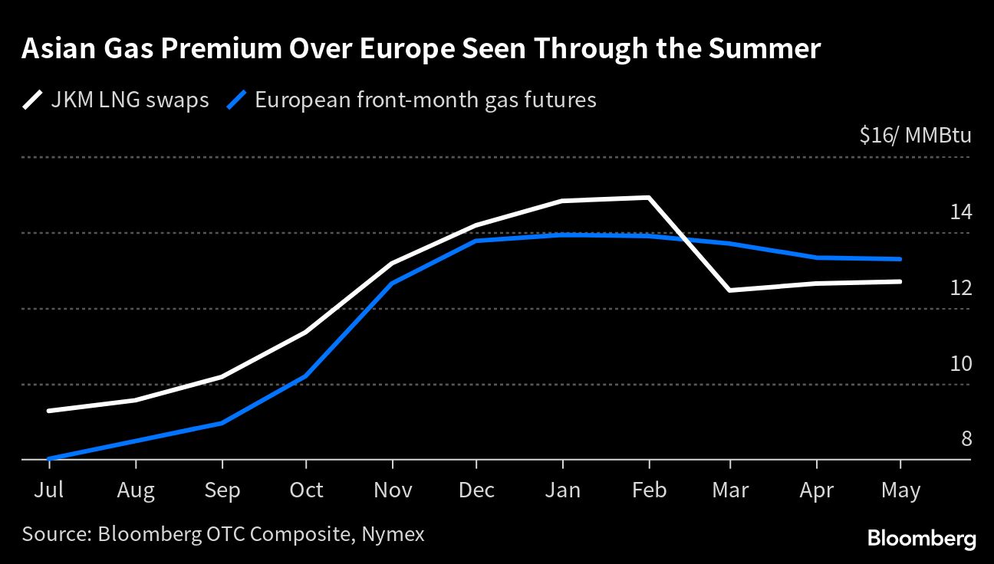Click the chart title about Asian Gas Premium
pyautogui.click(x=421, y=50)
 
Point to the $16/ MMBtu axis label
pyautogui.click(x=915, y=136)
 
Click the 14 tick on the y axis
pyautogui.click(x=960, y=211)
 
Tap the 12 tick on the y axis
pyautogui.click(x=960, y=287)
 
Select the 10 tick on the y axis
pyautogui.click(x=960, y=363)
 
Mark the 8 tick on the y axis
pyautogui.click(x=966, y=439)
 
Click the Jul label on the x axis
pyautogui.click(x=48, y=490)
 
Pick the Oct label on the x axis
pyautogui.click(x=306, y=490)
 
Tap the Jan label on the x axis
pyautogui.click(x=562, y=490)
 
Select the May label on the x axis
pyautogui.click(x=900, y=490)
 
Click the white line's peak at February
pyautogui.click(x=650, y=198)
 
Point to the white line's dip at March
pyautogui.click(x=729, y=290)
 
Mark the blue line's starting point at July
pyautogui.click(x=49, y=458)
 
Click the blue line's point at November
pyautogui.click(x=392, y=284)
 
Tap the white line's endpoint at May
pyautogui.click(x=900, y=281)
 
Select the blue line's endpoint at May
pyautogui.click(x=900, y=259)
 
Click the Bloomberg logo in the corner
pyautogui.click(x=921, y=539)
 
